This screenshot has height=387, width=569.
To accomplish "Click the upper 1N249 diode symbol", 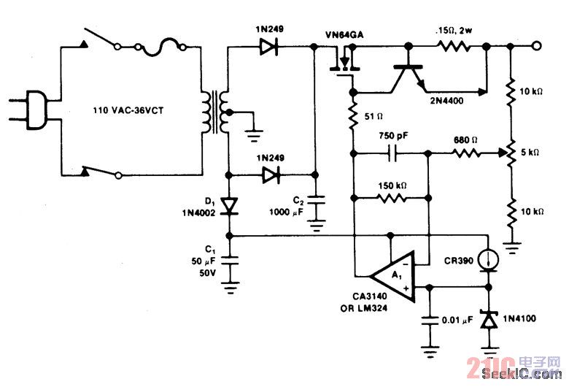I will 268,47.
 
